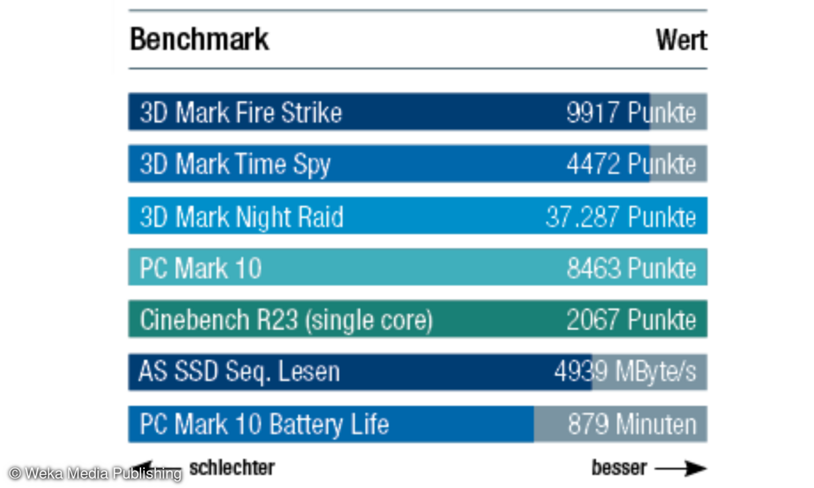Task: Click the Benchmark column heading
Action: pos(199,39)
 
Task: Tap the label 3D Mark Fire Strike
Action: pos(241,113)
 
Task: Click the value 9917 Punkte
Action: pos(631,113)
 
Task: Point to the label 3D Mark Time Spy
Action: pos(235,165)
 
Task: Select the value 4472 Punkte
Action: pos(631,165)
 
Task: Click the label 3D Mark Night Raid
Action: pos(241,217)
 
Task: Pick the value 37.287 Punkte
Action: pos(621,217)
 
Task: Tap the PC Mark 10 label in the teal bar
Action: pos(200,268)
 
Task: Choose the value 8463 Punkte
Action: pos(631,268)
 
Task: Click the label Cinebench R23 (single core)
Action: pos(286,320)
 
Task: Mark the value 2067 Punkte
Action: pos(631,320)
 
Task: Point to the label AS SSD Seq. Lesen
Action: pos(239,372)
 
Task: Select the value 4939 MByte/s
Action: pos(625,372)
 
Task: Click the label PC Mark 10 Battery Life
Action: pos(264,424)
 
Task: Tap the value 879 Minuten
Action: pos(632,424)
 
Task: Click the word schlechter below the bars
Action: pos(231,467)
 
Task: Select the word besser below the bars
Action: pos(619,468)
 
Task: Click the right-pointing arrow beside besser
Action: pos(680,468)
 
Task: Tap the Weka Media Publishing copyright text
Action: pos(95,473)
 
